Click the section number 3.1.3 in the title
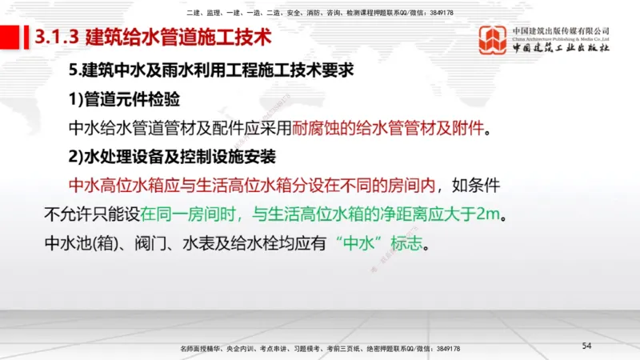tap(57, 37)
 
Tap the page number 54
tap(586, 345)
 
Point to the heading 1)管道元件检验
tap(124, 100)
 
